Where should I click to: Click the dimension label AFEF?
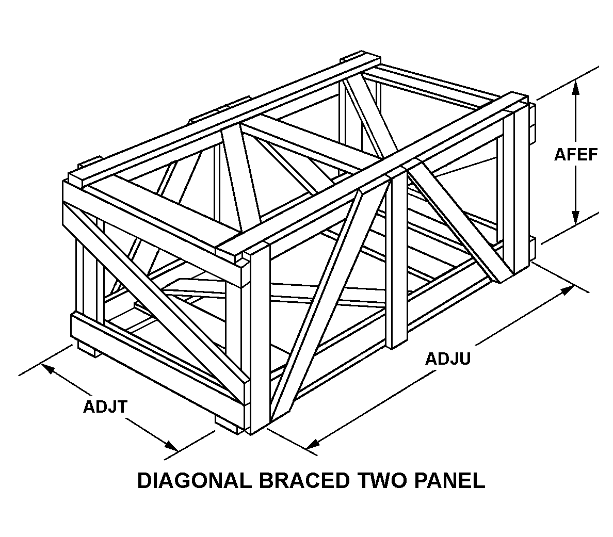tap(575, 154)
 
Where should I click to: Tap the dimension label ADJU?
tap(447, 359)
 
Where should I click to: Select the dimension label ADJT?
tap(105, 406)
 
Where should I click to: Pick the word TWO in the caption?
tap(384, 480)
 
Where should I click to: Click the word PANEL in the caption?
tap(450, 480)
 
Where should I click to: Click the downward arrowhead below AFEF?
tap(576, 219)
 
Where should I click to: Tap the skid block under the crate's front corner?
tap(228, 422)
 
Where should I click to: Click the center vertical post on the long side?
tap(397, 258)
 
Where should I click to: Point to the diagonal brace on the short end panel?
tap(155, 299)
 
